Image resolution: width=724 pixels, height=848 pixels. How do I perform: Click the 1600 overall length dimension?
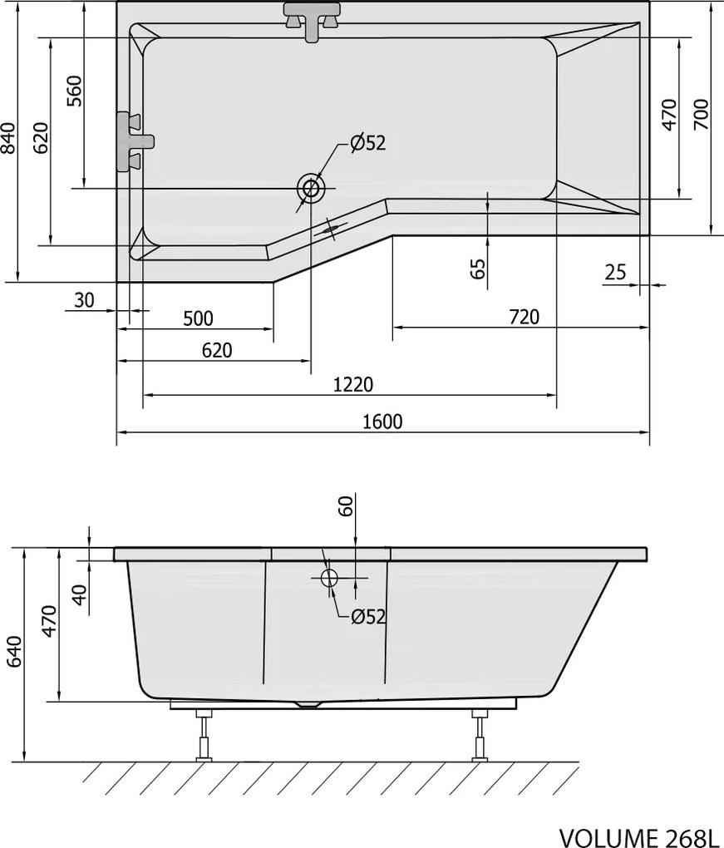[382, 422]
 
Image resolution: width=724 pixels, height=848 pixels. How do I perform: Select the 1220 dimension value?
[353, 385]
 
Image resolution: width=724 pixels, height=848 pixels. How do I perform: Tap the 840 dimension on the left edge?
[8, 138]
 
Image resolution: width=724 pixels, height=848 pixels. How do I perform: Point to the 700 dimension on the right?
[701, 114]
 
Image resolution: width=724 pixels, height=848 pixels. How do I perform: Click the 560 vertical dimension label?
[75, 91]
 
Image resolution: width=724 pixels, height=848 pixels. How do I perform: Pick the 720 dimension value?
[524, 317]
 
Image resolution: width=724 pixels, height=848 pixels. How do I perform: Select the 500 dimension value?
[198, 318]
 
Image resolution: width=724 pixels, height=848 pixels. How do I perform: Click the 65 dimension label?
[477, 269]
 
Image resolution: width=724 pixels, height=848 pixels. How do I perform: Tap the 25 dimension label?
[615, 272]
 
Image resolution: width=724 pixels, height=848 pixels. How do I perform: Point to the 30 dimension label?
[84, 299]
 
